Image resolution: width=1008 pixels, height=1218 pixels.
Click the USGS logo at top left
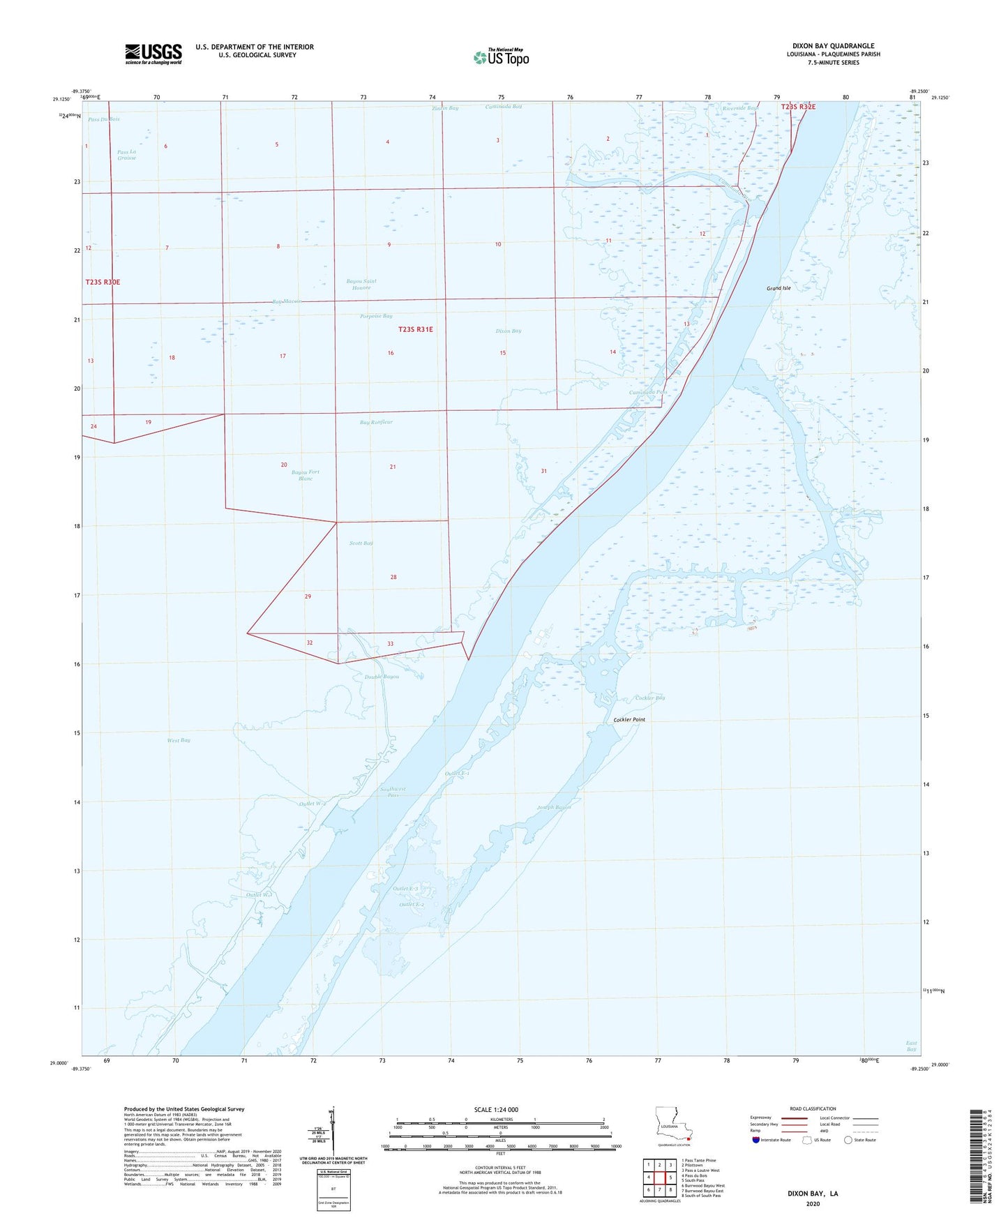tap(153, 54)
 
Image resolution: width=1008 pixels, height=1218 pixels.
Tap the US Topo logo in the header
tap(501, 57)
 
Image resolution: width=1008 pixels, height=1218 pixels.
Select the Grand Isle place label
tap(778, 288)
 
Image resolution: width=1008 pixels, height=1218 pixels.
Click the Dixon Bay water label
tap(508, 331)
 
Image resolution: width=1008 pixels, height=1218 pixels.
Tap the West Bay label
tap(179, 740)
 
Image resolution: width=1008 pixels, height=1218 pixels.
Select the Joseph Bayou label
tap(554, 807)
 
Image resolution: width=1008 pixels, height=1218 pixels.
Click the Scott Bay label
tap(361, 543)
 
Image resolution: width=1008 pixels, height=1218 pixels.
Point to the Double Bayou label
tap(382, 677)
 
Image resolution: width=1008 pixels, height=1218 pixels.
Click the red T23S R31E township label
tap(416, 329)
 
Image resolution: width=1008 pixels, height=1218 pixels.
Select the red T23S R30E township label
tap(103, 282)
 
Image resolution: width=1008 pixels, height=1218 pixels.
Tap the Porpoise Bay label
tap(376, 316)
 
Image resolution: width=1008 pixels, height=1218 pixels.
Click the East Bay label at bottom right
tap(911, 1046)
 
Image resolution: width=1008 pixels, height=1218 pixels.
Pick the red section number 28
tap(393, 577)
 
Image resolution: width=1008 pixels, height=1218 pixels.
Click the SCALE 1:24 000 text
tap(496, 1110)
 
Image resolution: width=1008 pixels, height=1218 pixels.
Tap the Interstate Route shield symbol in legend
tap(756, 1140)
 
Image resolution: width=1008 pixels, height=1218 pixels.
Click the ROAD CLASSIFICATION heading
tap(813, 1108)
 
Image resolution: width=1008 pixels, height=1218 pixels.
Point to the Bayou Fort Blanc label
tap(306, 475)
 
